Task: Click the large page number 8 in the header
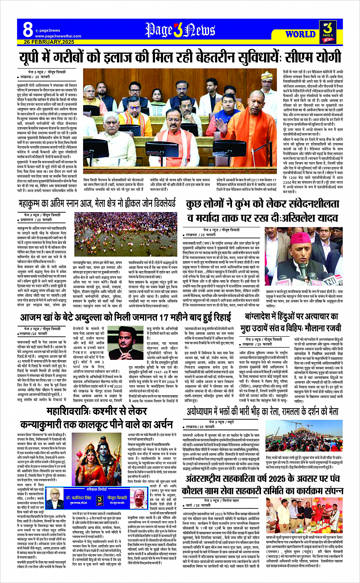click(x=28, y=29)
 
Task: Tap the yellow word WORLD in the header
click(x=300, y=34)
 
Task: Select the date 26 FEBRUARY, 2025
click(x=49, y=42)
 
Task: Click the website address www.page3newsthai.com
click(x=58, y=36)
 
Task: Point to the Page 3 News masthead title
click(x=180, y=30)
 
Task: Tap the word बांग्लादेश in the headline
click(x=259, y=317)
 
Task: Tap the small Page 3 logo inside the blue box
click(x=100, y=500)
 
